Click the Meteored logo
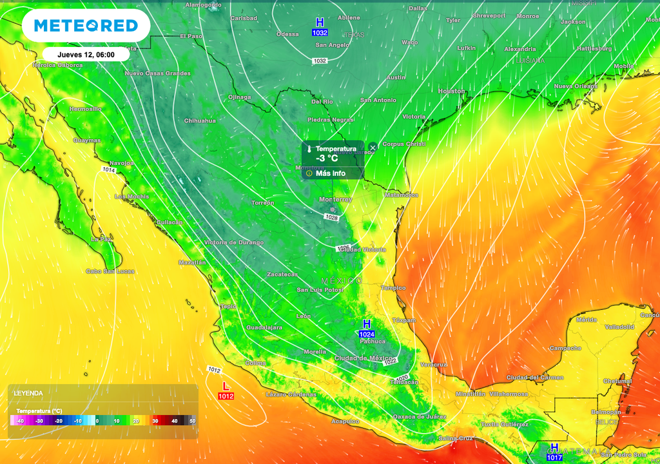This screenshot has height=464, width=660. tap(86, 26)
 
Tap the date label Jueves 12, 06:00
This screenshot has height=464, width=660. tap(86, 55)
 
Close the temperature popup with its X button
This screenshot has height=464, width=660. tap(373, 148)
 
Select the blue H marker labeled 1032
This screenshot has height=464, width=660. tap(320, 22)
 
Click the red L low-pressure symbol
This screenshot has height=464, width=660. tap(226, 386)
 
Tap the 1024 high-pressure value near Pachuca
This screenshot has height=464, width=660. tap(367, 334)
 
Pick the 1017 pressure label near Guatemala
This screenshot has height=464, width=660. tap(554, 457)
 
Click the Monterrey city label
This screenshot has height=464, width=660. tap(336, 200)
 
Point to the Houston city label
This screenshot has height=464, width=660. tap(451, 92)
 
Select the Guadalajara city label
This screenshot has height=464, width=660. tap(264, 328)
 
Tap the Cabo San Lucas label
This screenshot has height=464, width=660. tap(110, 271)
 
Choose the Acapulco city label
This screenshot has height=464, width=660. tap(345, 421)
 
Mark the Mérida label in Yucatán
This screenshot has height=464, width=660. tap(587, 320)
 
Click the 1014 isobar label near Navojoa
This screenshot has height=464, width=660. tap(109, 169)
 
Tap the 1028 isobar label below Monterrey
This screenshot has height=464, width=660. tap(331, 218)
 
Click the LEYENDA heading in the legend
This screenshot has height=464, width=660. tap(28, 392)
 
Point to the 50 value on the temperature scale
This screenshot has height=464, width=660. tap(191, 421)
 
